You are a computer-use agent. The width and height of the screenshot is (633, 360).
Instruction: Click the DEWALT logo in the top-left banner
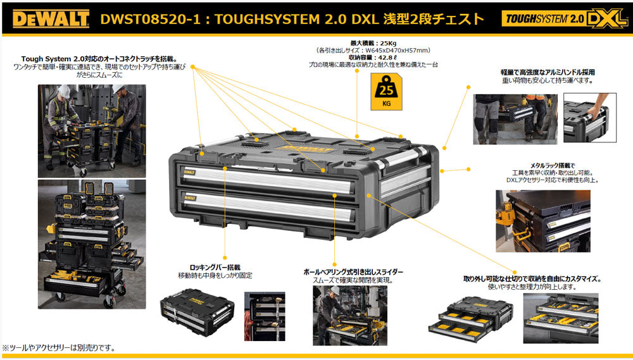[51, 19]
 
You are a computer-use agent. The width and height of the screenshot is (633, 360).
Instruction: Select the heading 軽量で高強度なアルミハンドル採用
[548, 72]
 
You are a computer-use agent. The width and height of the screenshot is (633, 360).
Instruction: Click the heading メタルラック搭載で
[548, 164]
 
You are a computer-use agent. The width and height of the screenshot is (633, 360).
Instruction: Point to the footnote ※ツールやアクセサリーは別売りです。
[59, 348]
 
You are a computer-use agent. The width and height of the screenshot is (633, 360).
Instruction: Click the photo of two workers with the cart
[92, 130]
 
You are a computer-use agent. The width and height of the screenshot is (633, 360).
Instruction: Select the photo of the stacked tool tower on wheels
[92, 244]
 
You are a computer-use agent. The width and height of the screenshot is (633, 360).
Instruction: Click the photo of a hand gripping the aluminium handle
[586, 118]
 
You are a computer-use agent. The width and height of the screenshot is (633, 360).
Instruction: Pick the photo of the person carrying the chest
[515, 118]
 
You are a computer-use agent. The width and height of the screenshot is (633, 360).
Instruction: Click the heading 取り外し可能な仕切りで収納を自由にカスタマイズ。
[532, 278]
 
